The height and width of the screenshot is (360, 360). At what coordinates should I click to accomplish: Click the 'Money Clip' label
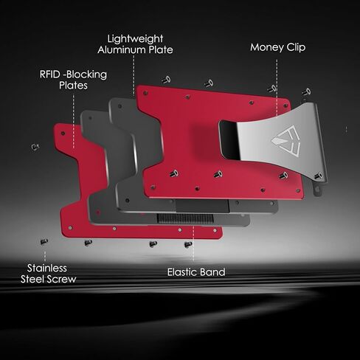pos(277,47)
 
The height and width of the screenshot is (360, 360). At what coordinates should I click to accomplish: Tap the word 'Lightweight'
pos(135,38)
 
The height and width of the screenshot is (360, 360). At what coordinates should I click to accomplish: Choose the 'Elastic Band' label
pos(195,272)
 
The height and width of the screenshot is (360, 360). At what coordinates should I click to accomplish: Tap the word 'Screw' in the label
pos(63,280)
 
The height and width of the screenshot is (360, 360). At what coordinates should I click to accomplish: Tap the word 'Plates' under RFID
pos(73,86)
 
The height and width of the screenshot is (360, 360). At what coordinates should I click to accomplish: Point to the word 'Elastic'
pos(182,272)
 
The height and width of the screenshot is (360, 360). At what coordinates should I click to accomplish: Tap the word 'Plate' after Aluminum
pos(160,50)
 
